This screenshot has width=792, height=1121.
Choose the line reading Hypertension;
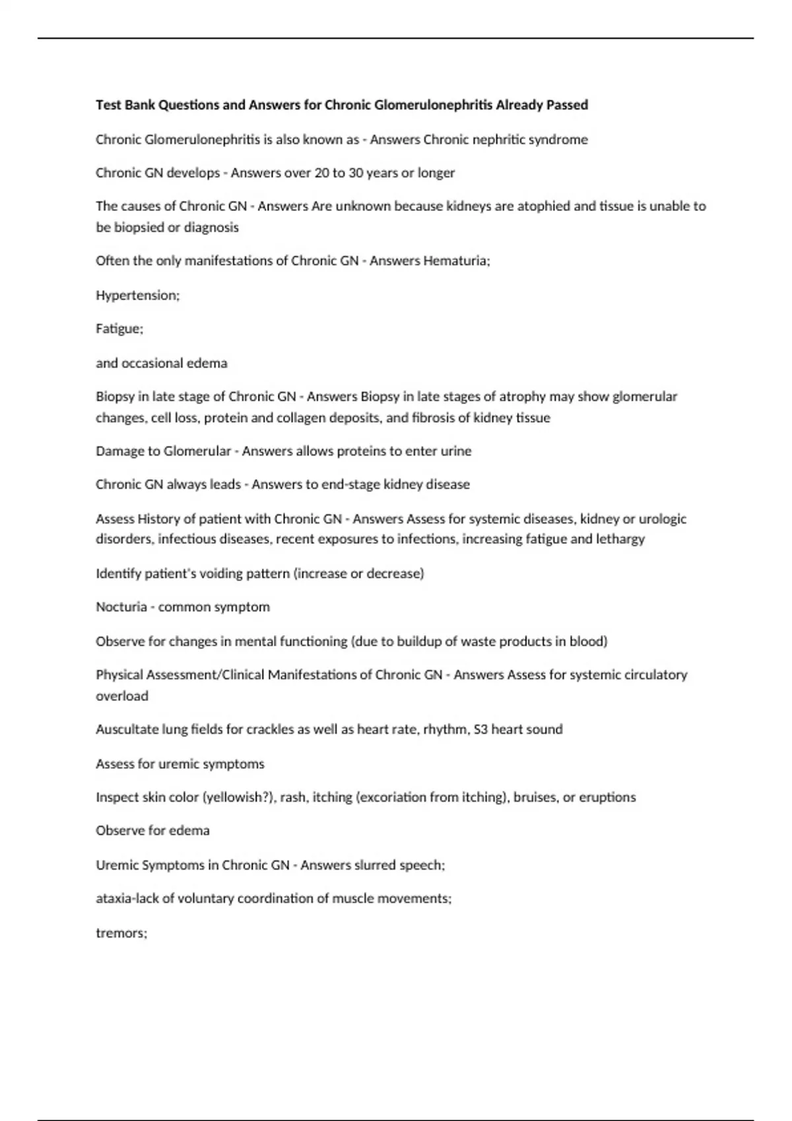click(x=137, y=295)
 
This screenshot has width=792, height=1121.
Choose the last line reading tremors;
click(x=121, y=933)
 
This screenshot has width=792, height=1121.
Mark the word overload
click(x=122, y=696)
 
